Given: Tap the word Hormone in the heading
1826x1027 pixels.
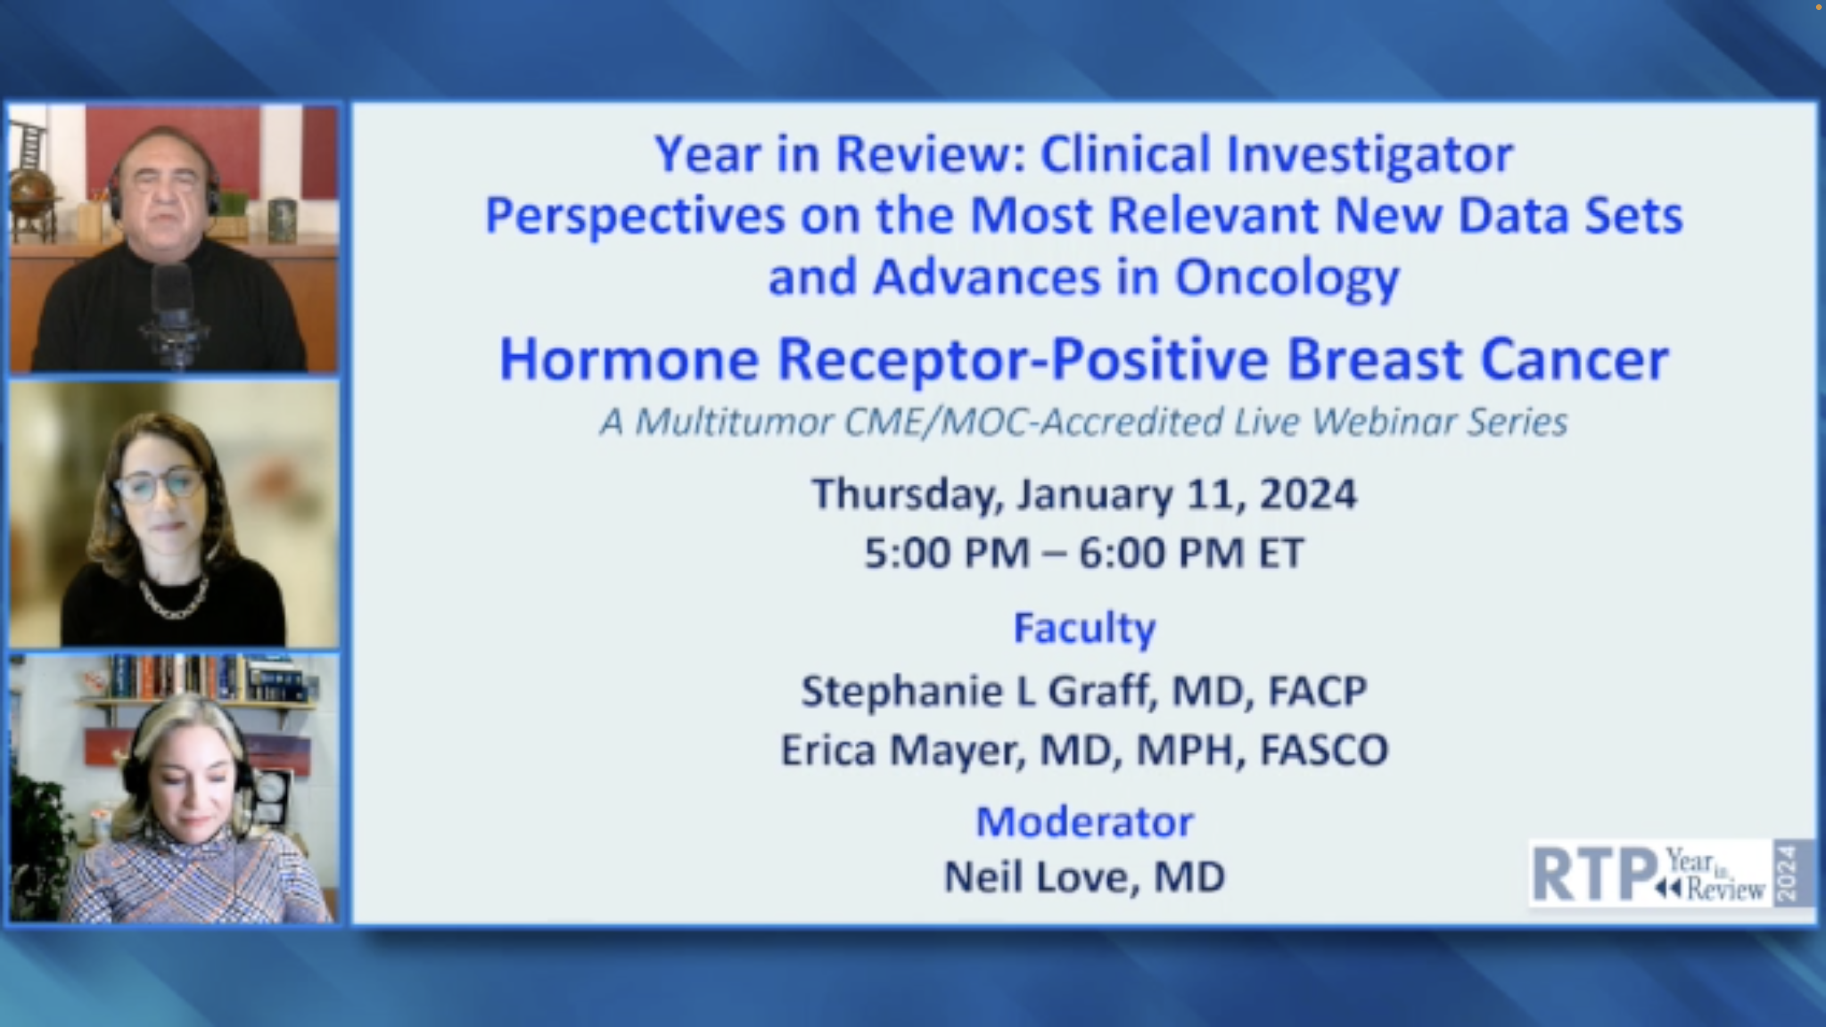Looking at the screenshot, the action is click(x=629, y=360).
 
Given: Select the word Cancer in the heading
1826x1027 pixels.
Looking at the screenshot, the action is click(x=1575, y=360).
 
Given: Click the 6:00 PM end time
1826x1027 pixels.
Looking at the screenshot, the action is click(x=1161, y=553).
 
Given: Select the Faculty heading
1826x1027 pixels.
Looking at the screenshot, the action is click(x=1085, y=629).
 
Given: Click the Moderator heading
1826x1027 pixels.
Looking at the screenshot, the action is click(x=1085, y=822).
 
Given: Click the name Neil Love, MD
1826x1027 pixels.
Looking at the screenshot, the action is click(x=1085, y=877).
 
